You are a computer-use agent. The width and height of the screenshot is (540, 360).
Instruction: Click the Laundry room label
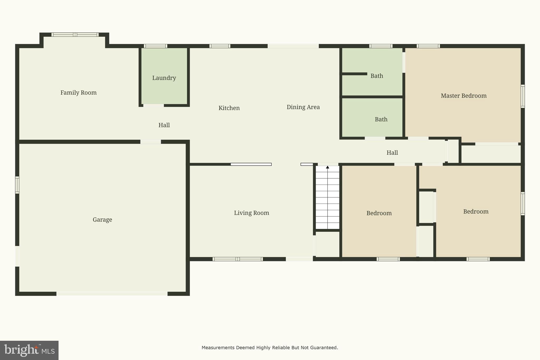click(164, 78)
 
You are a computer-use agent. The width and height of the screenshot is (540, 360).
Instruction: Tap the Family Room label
click(78, 93)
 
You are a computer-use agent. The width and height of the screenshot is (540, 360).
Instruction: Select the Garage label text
click(102, 220)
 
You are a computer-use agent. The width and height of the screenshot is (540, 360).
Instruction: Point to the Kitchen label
click(229, 108)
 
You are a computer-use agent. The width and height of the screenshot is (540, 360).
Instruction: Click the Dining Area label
click(303, 107)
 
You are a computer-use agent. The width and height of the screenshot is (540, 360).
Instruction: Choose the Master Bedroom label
click(464, 96)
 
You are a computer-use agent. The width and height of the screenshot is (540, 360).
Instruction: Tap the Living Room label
click(251, 213)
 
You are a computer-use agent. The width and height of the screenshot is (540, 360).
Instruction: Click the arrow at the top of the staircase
click(327, 167)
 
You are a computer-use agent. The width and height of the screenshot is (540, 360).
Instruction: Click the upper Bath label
click(377, 76)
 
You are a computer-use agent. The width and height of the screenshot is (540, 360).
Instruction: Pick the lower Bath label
click(381, 119)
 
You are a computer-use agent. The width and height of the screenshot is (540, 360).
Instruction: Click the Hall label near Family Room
click(164, 125)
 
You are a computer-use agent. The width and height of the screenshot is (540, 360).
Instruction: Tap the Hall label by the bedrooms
click(392, 153)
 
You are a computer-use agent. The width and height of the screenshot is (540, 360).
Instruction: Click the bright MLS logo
click(29, 350)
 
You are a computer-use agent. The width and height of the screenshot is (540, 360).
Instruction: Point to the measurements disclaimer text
click(270, 348)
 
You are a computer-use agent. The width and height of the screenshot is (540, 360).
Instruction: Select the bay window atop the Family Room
click(75, 35)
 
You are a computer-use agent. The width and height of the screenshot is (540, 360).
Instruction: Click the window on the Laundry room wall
click(155, 46)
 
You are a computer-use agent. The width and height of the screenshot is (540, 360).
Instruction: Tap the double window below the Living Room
click(238, 259)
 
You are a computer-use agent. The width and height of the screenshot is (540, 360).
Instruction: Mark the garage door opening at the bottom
click(112, 294)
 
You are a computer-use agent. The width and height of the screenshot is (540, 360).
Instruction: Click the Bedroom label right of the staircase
click(379, 213)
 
